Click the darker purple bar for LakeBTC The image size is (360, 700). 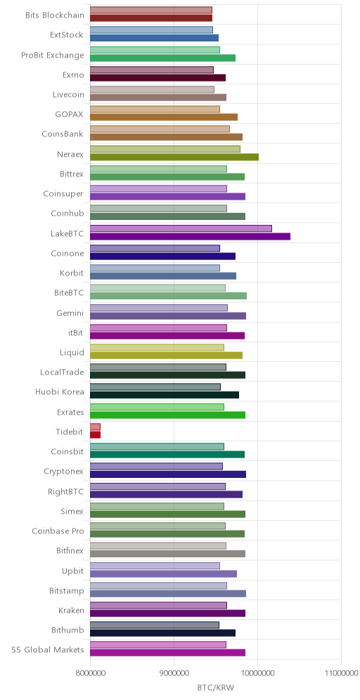[x=190, y=236]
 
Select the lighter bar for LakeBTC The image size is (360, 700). [x=181, y=228]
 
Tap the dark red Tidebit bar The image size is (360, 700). [x=95, y=434]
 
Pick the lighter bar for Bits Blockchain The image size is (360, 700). [x=151, y=10]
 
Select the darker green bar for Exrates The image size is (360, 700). [x=167, y=415]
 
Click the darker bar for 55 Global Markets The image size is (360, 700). [x=167, y=653]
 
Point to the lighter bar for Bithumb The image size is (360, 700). [x=155, y=625]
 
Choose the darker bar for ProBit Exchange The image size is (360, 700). [x=162, y=58]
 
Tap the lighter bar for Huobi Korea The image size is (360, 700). [x=155, y=387]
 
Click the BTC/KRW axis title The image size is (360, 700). [x=215, y=687]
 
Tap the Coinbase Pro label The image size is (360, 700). [x=58, y=531]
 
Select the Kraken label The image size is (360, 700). [x=71, y=610]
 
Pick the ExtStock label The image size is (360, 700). [x=67, y=35]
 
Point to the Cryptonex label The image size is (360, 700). [x=64, y=472]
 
